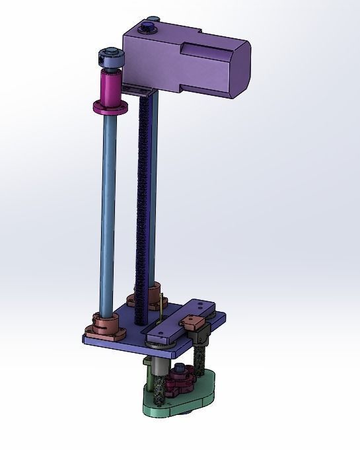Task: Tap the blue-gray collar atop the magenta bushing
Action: click(111, 58)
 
